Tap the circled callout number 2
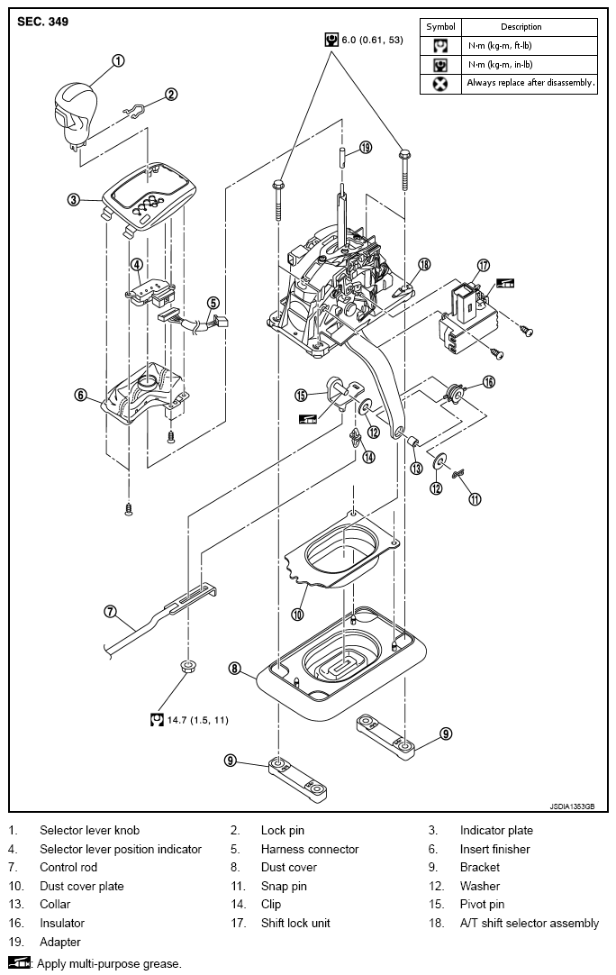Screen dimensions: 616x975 click(x=171, y=94)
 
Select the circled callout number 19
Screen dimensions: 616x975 click(x=366, y=148)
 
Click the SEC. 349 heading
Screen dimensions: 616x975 click(x=43, y=22)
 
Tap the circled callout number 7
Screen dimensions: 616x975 click(x=110, y=611)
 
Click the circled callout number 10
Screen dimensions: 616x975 click(x=297, y=615)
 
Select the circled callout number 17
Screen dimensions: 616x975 click(x=483, y=266)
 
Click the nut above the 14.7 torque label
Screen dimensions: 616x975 click(x=187, y=667)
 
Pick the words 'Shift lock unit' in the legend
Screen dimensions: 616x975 click(x=295, y=923)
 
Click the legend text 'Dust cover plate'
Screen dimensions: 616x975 click(x=81, y=886)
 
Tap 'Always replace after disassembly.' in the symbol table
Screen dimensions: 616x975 click(x=530, y=83)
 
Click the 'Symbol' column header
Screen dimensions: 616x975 click(x=440, y=27)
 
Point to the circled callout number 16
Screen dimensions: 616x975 click(x=489, y=381)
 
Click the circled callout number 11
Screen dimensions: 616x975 click(x=475, y=498)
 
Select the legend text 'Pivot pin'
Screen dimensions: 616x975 click(x=483, y=904)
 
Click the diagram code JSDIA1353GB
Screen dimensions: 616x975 click(x=572, y=806)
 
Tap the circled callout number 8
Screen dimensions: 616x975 click(x=234, y=669)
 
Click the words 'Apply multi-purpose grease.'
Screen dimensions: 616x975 click(x=109, y=964)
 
